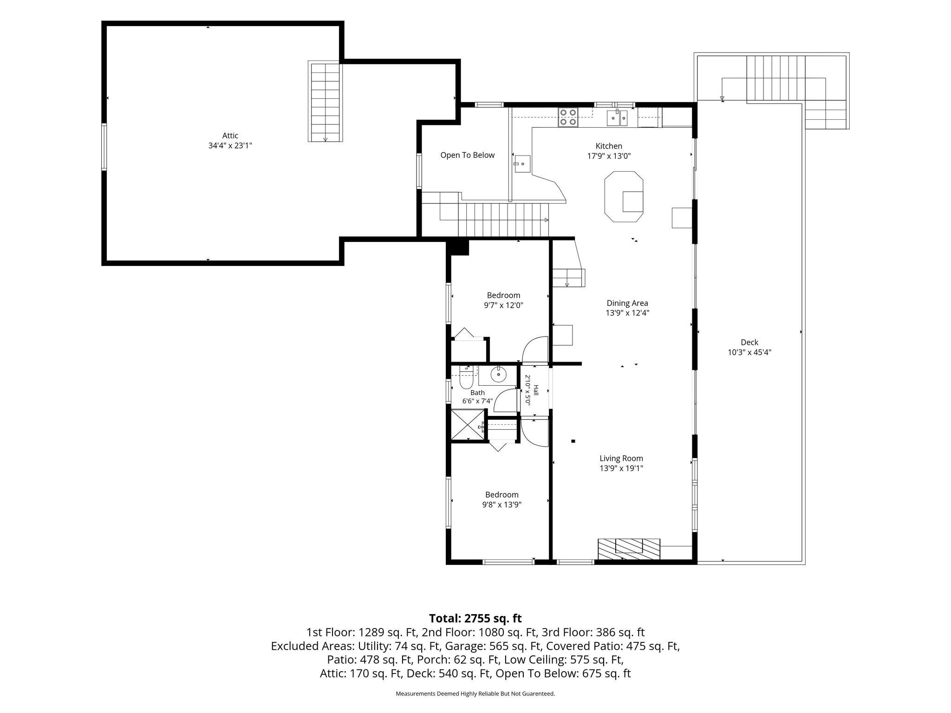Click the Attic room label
(x=230, y=136)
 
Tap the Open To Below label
(x=467, y=155)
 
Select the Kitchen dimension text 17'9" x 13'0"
(x=609, y=156)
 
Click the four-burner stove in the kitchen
(x=568, y=117)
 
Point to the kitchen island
(x=624, y=197)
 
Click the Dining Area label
(x=627, y=303)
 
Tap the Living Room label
(x=621, y=459)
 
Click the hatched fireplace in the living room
(x=629, y=549)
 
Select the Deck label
(x=749, y=343)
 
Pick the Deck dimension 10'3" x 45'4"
(x=749, y=352)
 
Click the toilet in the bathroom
(x=466, y=377)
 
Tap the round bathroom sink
(x=499, y=374)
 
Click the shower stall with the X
(x=468, y=424)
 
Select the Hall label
(x=536, y=390)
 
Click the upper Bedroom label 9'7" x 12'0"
(x=503, y=300)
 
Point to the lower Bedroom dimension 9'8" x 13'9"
(x=502, y=505)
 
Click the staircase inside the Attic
(x=325, y=102)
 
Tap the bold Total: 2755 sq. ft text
(x=475, y=618)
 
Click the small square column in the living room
(x=573, y=441)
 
